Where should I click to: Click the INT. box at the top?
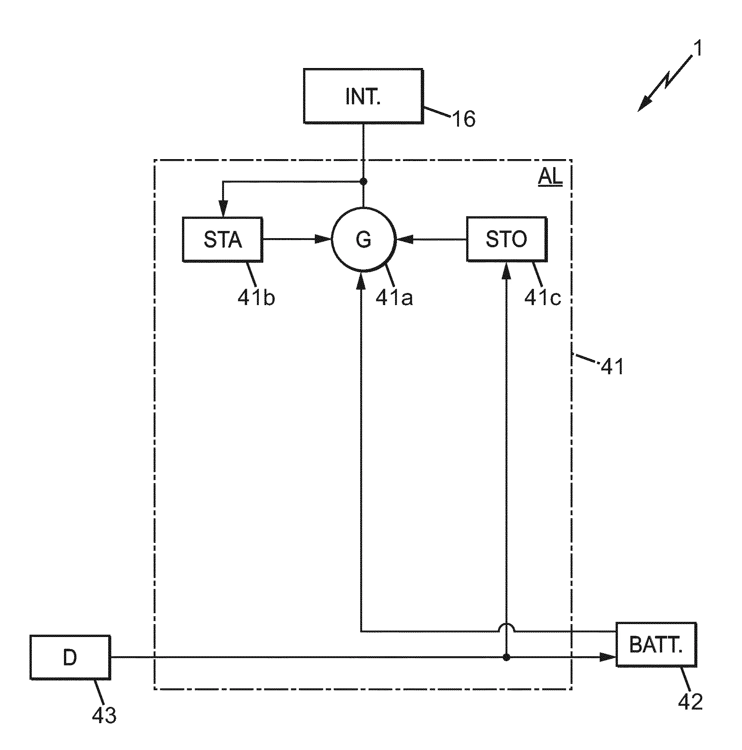[363, 96]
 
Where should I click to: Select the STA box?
[222, 240]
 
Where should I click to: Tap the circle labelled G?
[363, 240]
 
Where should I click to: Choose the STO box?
[506, 240]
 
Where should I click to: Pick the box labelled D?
[70, 658]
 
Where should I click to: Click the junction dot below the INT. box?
[363, 181]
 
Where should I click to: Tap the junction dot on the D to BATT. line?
[506, 657]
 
